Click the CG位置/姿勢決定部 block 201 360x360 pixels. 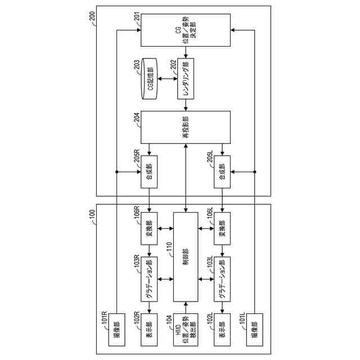[x=185, y=31]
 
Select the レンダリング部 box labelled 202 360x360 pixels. [x=185, y=79]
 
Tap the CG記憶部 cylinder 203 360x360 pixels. [x=150, y=79]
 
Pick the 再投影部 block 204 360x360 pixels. [x=185, y=127]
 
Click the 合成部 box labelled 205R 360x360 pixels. [x=150, y=171]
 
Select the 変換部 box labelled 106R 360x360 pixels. [x=150, y=229]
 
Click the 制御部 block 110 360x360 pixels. [x=185, y=256]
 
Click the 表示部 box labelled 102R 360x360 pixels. [x=150, y=328]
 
